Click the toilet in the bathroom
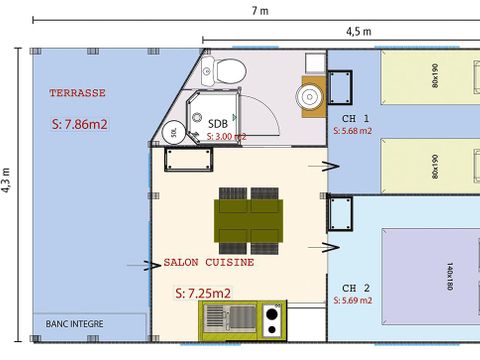pyautogui.click(x=229, y=71)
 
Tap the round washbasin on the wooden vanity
pyautogui.click(x=309, y=95)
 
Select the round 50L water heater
pyautogui.click(x=174, y=132)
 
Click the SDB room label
pyautogui.click(x=217, y=123)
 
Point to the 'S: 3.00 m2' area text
pyautogui.click(x=225, y=137)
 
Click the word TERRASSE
pyautogui.click(x=77, y=93)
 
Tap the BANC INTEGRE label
pyautogui.click(x=74, y=323)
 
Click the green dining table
pyautogui.click(x=249, y=217)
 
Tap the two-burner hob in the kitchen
pyautogui.click(x=270, y=319)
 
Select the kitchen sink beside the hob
pyautogui.click(x=229, y=319)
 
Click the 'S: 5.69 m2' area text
pyautogui.click(x=352, y=300)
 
